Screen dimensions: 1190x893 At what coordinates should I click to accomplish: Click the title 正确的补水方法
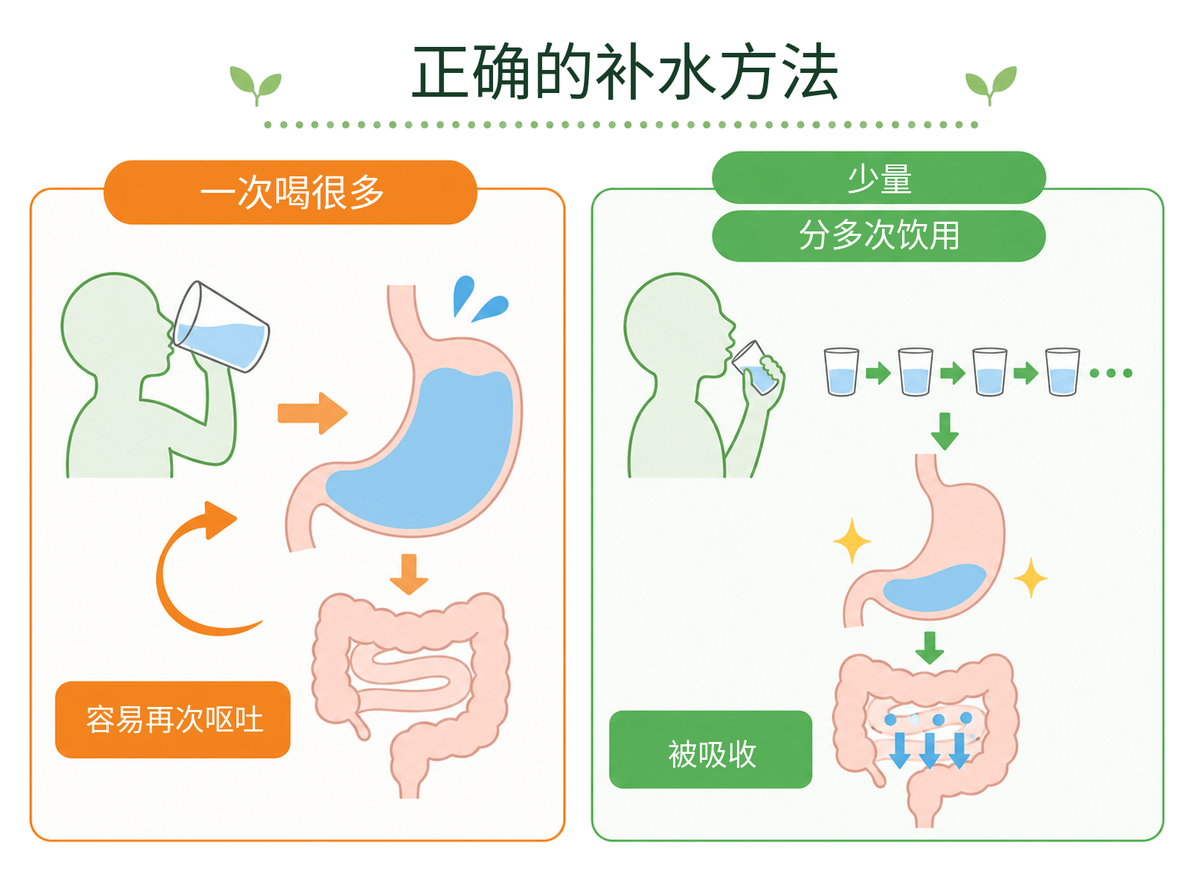pyautogui.click(x=625, y=72)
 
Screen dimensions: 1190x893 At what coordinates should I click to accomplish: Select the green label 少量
pyautogui.click(x=878, y=178)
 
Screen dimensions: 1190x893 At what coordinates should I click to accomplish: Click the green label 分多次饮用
pyautogui.click(x=878, y=236)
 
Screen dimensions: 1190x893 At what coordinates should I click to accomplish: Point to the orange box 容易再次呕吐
pyautogui.click(x=173, y=720)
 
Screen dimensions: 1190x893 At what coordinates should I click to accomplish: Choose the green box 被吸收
pyautogui.click(x=710, y=749)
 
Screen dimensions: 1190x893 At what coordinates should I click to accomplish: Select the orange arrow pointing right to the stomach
pyautogui.click(x=312, y=413)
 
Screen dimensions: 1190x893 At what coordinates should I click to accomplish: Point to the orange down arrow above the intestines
pyautogui.click(x=409, y=574)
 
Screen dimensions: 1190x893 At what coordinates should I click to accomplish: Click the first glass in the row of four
pyautogui.click(x=841, y=372)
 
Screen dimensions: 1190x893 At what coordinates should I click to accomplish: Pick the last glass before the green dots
pyautogui.click(x=1062, y=372)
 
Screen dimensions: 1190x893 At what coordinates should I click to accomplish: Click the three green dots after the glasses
pyautogui.click(x=1111, y=373)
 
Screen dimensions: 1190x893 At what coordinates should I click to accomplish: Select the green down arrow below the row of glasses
pyautogui.click(x=945, y=432)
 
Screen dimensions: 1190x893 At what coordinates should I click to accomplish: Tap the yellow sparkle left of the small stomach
pyautogui.click(x=852, y=540)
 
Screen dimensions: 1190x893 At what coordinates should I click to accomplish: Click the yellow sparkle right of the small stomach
pyautogui.click(x=1030, y=578)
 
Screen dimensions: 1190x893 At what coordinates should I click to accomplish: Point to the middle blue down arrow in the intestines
pyautogui.click(x=929, y=750)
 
